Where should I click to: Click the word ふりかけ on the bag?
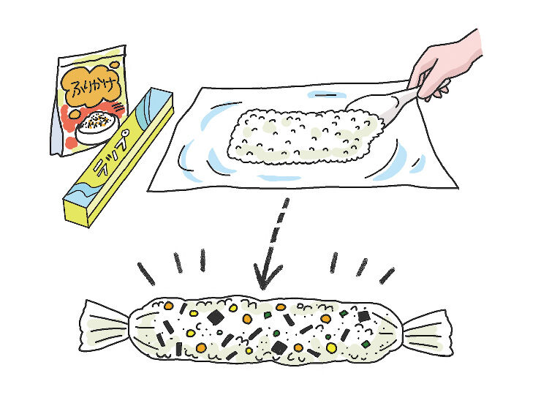91,86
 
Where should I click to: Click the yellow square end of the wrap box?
77,211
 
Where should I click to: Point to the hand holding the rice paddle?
445,66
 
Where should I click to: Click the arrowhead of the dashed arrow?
265,276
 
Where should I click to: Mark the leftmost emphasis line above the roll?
146,274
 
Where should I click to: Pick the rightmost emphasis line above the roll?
387,276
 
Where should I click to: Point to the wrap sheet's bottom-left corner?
148,191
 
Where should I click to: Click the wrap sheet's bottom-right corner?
458,188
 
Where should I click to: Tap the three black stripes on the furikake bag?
118,108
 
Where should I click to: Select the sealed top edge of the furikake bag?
91,53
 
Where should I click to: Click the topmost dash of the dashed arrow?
285,203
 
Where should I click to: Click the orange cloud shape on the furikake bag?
91,86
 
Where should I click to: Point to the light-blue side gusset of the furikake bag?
56,131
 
